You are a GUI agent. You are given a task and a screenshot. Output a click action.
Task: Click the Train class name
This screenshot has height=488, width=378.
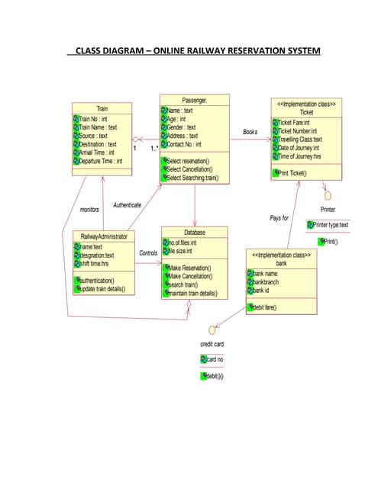(x=102, y=108)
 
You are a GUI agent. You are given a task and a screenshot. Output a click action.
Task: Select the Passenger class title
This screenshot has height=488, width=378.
(x=195, y=100)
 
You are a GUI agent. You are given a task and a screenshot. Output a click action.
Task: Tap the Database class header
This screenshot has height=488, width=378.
(x=195, y=232)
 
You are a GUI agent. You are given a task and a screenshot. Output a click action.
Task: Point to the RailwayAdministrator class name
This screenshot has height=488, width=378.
(x=104, y=237)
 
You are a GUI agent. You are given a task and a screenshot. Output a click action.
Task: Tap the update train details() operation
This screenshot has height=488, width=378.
(x=107, y=290)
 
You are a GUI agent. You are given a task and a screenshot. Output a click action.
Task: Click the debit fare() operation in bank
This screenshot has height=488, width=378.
(x=264, y=307)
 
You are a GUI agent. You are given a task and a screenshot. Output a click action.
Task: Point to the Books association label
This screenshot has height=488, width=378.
(x=250, y=132)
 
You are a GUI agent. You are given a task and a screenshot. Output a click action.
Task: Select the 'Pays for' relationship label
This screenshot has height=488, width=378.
(x=279, y=218)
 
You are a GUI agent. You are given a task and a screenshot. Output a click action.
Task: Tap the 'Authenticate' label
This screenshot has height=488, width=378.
(x=127, y=205)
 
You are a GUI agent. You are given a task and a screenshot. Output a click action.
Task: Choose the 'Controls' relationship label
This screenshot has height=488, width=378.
(x=148, y=252)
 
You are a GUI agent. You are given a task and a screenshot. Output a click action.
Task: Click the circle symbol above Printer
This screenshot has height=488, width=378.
(x=328, y=194)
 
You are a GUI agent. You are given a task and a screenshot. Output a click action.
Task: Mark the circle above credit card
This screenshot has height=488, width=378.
(x=212, y=331)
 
